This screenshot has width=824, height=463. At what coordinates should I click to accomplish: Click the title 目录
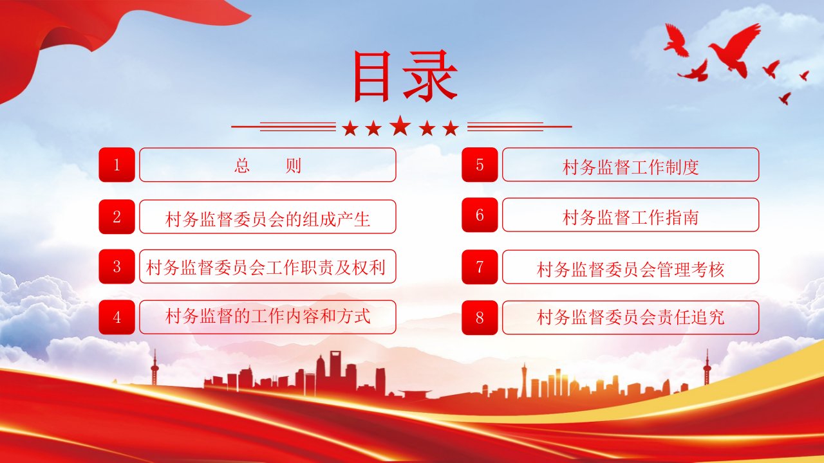click(406, 76)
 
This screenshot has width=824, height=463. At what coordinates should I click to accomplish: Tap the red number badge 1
click(117, 165)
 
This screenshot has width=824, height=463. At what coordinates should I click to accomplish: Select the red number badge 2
click(117, 217)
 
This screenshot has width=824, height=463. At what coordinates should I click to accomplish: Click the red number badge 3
click(117, 266)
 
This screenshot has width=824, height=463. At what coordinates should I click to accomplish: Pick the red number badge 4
click(117, 317)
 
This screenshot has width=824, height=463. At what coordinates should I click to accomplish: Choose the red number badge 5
click(480, 165)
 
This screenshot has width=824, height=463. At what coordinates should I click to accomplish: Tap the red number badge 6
click(480, 215)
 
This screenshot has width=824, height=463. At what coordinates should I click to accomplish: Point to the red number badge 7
click(480, 267)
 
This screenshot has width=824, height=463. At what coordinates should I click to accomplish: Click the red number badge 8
click(480, 318)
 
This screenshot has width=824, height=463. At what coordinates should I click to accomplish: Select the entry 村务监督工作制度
click(630, 167)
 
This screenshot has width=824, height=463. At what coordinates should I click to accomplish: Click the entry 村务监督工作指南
click(630, 217)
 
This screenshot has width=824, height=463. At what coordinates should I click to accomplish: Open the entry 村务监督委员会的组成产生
click(268, 219)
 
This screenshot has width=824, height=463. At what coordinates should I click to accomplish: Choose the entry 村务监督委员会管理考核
click(630, 269)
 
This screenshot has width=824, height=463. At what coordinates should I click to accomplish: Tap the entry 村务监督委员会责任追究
click(630, 317)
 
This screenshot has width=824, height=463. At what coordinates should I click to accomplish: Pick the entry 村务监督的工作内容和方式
click(268, 316)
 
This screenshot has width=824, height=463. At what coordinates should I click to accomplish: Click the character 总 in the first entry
click(242, 166)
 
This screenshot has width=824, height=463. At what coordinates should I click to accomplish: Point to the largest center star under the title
click(400, 125)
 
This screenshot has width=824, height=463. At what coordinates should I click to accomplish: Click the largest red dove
click(734, 50)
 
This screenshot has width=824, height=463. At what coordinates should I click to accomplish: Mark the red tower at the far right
click(707, 367)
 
